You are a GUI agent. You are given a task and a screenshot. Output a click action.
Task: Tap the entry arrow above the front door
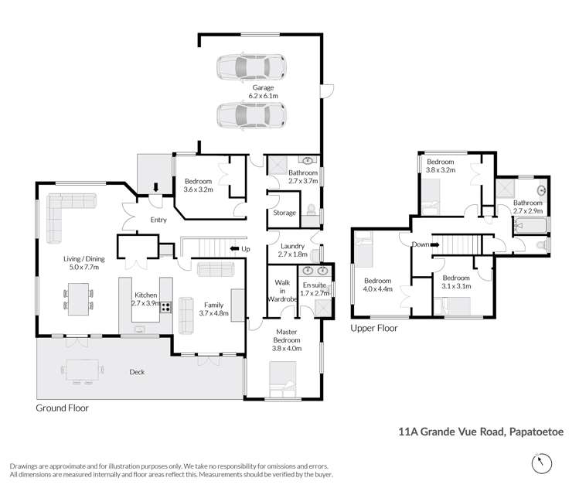(x=157, y=187)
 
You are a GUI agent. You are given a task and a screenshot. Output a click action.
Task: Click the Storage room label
(x=284, y=213)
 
